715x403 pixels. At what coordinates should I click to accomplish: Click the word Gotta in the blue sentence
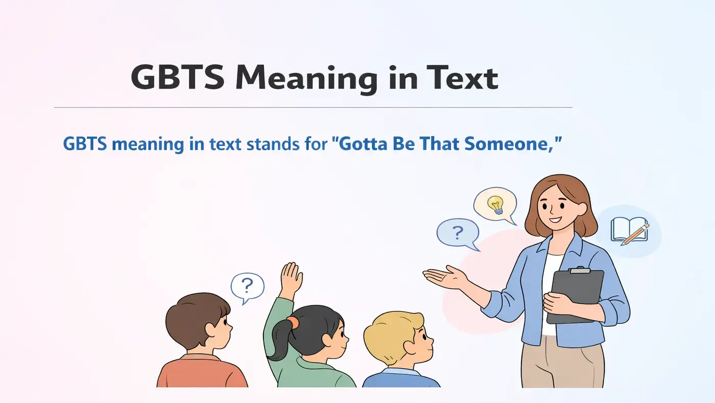pyautogui.click(x=357, y=144)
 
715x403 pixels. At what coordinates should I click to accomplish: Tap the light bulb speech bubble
pyautogui.click(x=494, y=205)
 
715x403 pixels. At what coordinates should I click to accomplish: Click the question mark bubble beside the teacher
pyautogui.click(x=458, y=233)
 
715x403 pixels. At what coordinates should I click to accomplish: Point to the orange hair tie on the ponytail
pyautogui.click(x=292, y=322)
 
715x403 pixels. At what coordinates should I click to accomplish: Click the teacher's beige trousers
pyautogui.click(x=562, y=368)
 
